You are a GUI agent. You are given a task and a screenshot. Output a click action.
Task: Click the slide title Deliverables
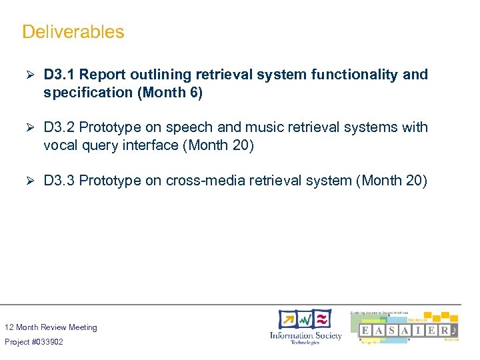(x=73, y=31)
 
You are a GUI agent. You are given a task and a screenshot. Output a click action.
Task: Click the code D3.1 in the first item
(x=59, y=75)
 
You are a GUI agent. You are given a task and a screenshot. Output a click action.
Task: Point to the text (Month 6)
(x=169, y=93)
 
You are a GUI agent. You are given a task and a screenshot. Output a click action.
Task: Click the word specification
(x=88, y=93)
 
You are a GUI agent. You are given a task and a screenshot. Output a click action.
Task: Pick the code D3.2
(x=59, y=127)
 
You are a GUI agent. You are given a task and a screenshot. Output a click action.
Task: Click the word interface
(x=146, y=145)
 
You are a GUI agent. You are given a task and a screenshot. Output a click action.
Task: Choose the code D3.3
(x=59, y=180)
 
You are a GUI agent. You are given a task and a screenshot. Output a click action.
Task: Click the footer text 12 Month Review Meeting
(x=51, y=327)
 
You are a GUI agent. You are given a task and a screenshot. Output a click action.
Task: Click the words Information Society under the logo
(x=305, y=335)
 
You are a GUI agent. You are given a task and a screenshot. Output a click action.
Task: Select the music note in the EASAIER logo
(x=453, y=331)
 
